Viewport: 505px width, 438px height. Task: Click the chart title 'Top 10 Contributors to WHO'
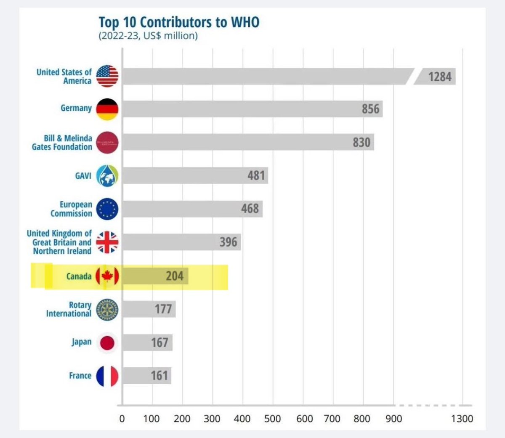179,22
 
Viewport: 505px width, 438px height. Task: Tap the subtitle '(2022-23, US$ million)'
148,36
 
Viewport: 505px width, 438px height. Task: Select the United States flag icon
107,76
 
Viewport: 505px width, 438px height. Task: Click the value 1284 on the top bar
439,77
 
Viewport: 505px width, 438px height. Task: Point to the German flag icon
107,109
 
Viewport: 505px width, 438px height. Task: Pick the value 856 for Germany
370,109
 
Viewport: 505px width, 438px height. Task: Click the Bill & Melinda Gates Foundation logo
107,142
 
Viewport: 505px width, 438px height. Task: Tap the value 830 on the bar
361,142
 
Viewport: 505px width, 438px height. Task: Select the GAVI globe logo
107,175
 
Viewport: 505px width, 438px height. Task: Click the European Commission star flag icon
107,209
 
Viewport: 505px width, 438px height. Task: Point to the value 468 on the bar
250,209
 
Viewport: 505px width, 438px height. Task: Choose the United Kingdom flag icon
107,242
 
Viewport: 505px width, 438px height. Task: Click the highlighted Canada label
79,276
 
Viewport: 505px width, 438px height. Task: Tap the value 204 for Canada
174,276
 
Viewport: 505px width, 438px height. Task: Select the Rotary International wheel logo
107,310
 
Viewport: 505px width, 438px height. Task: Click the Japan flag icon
107,343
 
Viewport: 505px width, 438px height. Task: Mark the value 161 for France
159,375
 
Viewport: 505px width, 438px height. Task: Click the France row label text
80,375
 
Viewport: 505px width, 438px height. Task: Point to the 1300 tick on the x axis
462,419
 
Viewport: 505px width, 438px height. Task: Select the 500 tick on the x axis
272,419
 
